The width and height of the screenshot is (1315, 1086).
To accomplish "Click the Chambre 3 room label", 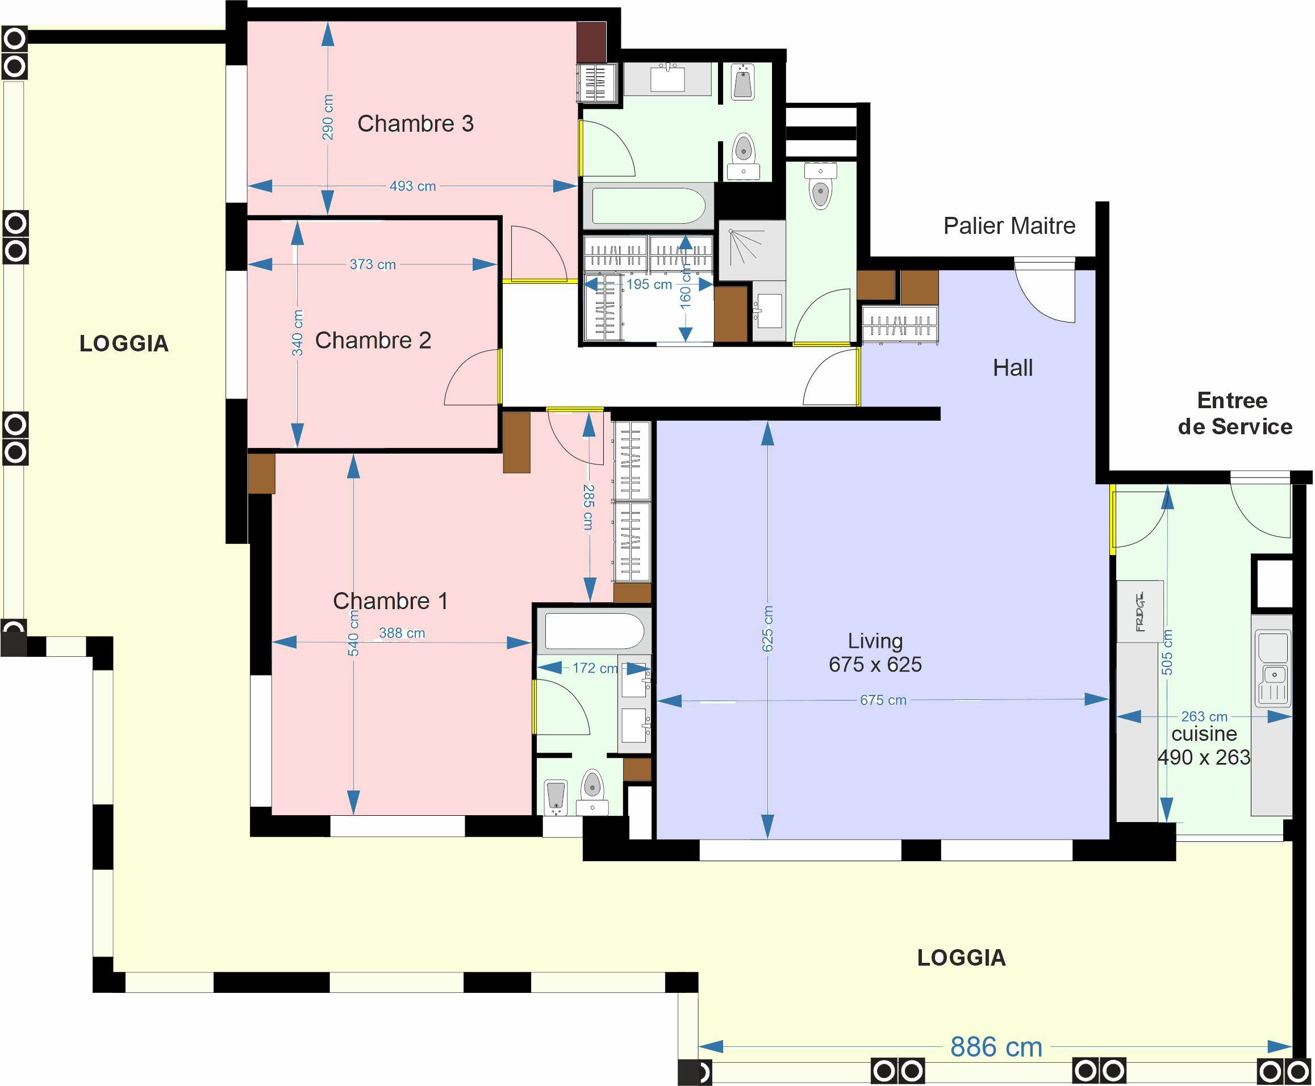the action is (x=415, y=124).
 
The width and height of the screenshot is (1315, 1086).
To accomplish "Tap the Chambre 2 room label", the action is (x=373, y=340).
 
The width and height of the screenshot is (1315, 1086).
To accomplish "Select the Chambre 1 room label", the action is (x=391, y=601).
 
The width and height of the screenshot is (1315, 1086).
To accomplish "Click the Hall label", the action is (x=1013, y=368).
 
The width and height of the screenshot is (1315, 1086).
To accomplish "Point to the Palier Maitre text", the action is (x=1009, y=226).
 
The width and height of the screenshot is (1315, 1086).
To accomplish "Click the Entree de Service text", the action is (x=1235, y=413).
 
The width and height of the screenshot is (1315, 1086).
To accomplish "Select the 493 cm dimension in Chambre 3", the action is (x=412, y=186).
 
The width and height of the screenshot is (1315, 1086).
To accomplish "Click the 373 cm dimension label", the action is (x=373, y=265).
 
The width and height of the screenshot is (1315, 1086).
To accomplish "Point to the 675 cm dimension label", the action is (x=883, y=700).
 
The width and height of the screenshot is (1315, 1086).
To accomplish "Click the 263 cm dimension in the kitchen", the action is (x=1204, y=716).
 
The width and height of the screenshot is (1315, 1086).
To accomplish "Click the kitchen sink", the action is (x=1273, y=668).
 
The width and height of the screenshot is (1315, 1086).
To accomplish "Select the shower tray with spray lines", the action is (x=752, y=250).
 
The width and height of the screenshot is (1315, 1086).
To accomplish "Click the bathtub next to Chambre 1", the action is (x=594, y=631).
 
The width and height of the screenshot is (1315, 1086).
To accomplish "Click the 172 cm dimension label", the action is (x=595, y=668).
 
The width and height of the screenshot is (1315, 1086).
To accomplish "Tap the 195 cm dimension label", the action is (x=649, y=284).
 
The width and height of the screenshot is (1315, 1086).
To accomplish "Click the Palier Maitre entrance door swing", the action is (x=1045, y=292).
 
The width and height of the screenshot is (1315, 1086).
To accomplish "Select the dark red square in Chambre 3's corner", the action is (x=591, y=42).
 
